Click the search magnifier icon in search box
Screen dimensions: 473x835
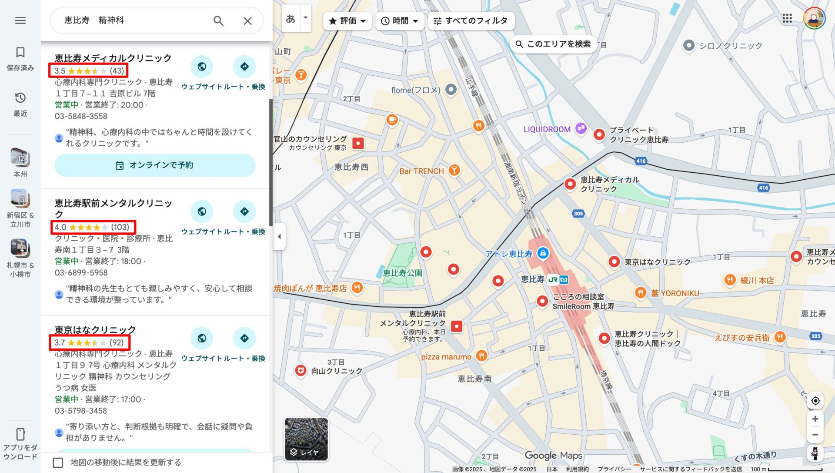(218, 20)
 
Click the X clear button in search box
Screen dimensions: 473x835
(247, 20)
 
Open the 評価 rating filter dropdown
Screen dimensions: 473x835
(347, 20)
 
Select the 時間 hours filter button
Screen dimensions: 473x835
(399, 20)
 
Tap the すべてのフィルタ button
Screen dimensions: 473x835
(471, 20)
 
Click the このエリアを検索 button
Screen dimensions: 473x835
(553, 44)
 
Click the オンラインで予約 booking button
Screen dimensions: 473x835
(155, 165)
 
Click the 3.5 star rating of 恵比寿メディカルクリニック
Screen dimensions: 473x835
(89, 70)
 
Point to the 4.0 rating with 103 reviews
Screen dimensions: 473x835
(93, 227)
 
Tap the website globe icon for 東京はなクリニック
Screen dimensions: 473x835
(202, 338)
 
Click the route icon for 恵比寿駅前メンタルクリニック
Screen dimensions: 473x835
(244, 211)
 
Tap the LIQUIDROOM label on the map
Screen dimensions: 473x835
(547, 129)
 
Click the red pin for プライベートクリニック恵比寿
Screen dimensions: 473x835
(599, 134)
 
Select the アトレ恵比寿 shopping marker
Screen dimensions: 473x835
(543, 253)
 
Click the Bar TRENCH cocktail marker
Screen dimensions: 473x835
(454, 170)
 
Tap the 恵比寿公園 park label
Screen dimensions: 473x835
(402, 273)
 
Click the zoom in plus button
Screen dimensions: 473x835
(815, 419)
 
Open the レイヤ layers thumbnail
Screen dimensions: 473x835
(306, 439)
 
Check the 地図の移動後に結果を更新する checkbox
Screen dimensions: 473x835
(58, 462)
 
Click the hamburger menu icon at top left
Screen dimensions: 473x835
(20, 20)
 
